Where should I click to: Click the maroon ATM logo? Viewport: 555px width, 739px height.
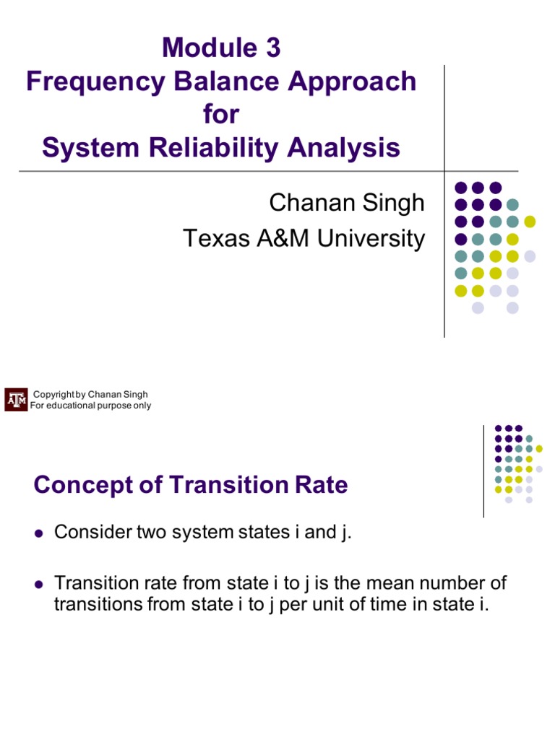click(16, 400)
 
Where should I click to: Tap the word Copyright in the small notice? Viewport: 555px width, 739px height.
click(54, 394)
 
